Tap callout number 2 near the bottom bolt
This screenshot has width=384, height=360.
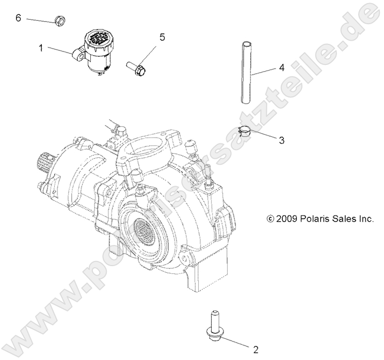(255, 349)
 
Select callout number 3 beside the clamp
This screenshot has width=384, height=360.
(281, 140)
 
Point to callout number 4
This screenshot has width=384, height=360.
(281, 68)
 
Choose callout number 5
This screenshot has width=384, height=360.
(162, 37)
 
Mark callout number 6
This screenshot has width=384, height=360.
(19, 18)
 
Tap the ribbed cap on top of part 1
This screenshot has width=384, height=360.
(96, 39)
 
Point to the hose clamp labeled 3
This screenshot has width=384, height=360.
(246, 131)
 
